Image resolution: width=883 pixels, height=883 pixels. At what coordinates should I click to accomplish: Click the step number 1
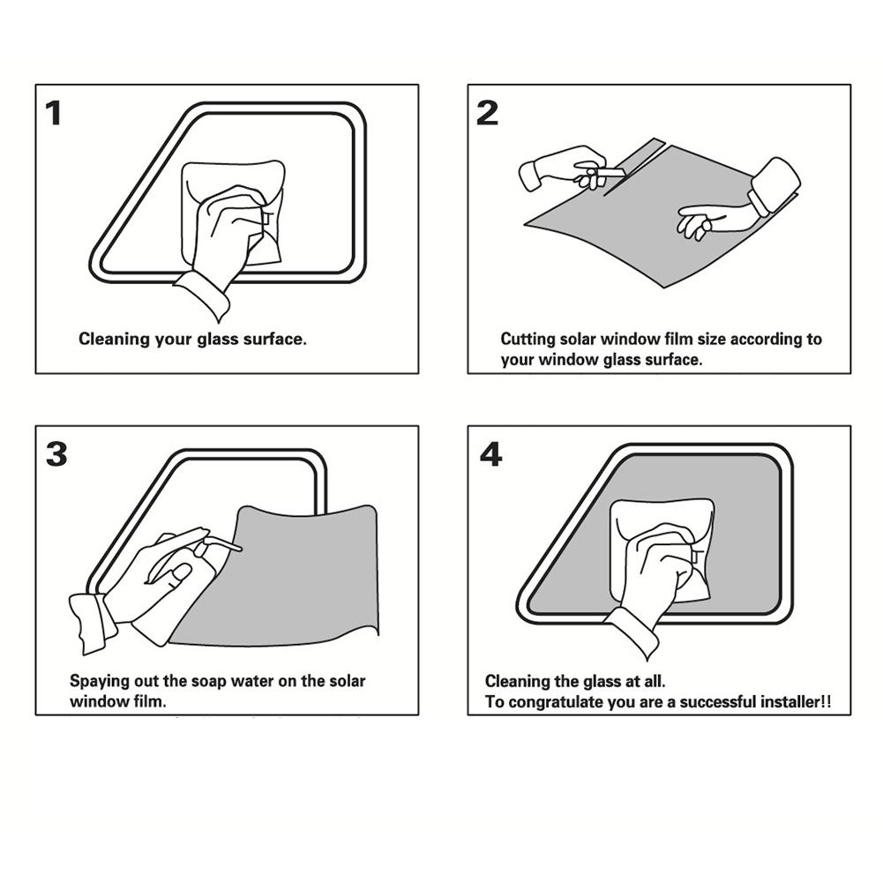click(x=55, y=114)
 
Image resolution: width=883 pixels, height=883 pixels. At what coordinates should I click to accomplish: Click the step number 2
click(x=487, y=114)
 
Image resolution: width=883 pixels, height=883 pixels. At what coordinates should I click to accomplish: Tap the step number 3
click(x=56, y=454)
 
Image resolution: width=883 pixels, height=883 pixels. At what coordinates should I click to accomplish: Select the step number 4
click(x=490, y=454)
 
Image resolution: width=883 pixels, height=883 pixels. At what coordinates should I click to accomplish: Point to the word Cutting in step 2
click(x=528, y=339)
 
